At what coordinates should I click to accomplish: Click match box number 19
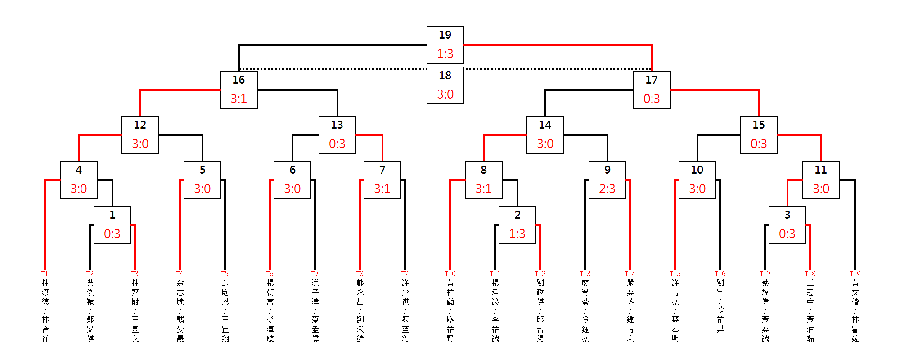coord(445,45)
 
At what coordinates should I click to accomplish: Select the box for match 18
coord(445,85)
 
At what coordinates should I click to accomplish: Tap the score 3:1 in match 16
coord(238,99)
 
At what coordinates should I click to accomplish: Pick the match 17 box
coord(652,90)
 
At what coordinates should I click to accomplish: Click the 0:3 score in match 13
coord(337,144)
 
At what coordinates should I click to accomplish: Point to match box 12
coord(140,135)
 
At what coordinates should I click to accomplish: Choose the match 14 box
coord(545,135)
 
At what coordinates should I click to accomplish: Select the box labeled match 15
coord(759,135)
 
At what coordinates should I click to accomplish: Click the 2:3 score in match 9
coord(607,189)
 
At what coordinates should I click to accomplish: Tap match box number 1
coord(112,225)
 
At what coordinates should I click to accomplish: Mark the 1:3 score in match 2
coord(517,234)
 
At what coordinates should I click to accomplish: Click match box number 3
coord(787,225)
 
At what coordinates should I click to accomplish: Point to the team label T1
coord(45,274)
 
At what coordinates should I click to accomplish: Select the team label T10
coord(450,274)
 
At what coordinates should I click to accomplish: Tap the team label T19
coord(855,274)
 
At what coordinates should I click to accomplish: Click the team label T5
coord(225,274)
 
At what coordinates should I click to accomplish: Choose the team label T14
coord(630,274)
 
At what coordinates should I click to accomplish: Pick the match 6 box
coord(292,180)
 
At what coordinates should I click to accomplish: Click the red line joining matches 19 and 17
coord(558,45)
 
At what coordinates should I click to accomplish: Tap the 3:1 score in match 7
coord(382,189)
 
